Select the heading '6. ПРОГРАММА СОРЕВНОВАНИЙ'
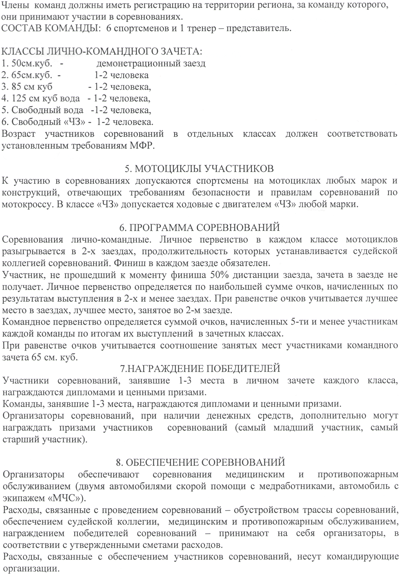199,227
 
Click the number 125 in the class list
19,98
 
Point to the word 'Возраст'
18,134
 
